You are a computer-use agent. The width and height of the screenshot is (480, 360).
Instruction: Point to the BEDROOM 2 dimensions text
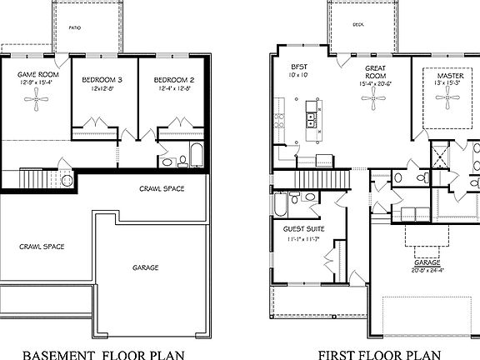(173, 87)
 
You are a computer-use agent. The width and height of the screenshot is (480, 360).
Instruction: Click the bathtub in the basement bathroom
(195, 156)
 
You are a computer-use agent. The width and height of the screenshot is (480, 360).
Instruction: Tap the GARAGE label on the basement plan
(145, 268)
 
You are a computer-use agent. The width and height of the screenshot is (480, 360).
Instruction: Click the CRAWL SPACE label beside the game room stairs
(161, 189)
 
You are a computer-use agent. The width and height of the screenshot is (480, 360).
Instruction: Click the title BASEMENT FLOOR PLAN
(102, 353)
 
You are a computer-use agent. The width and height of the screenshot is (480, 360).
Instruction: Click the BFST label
(298, 67)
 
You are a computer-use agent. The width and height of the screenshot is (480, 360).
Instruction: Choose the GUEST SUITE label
(304, 229)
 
